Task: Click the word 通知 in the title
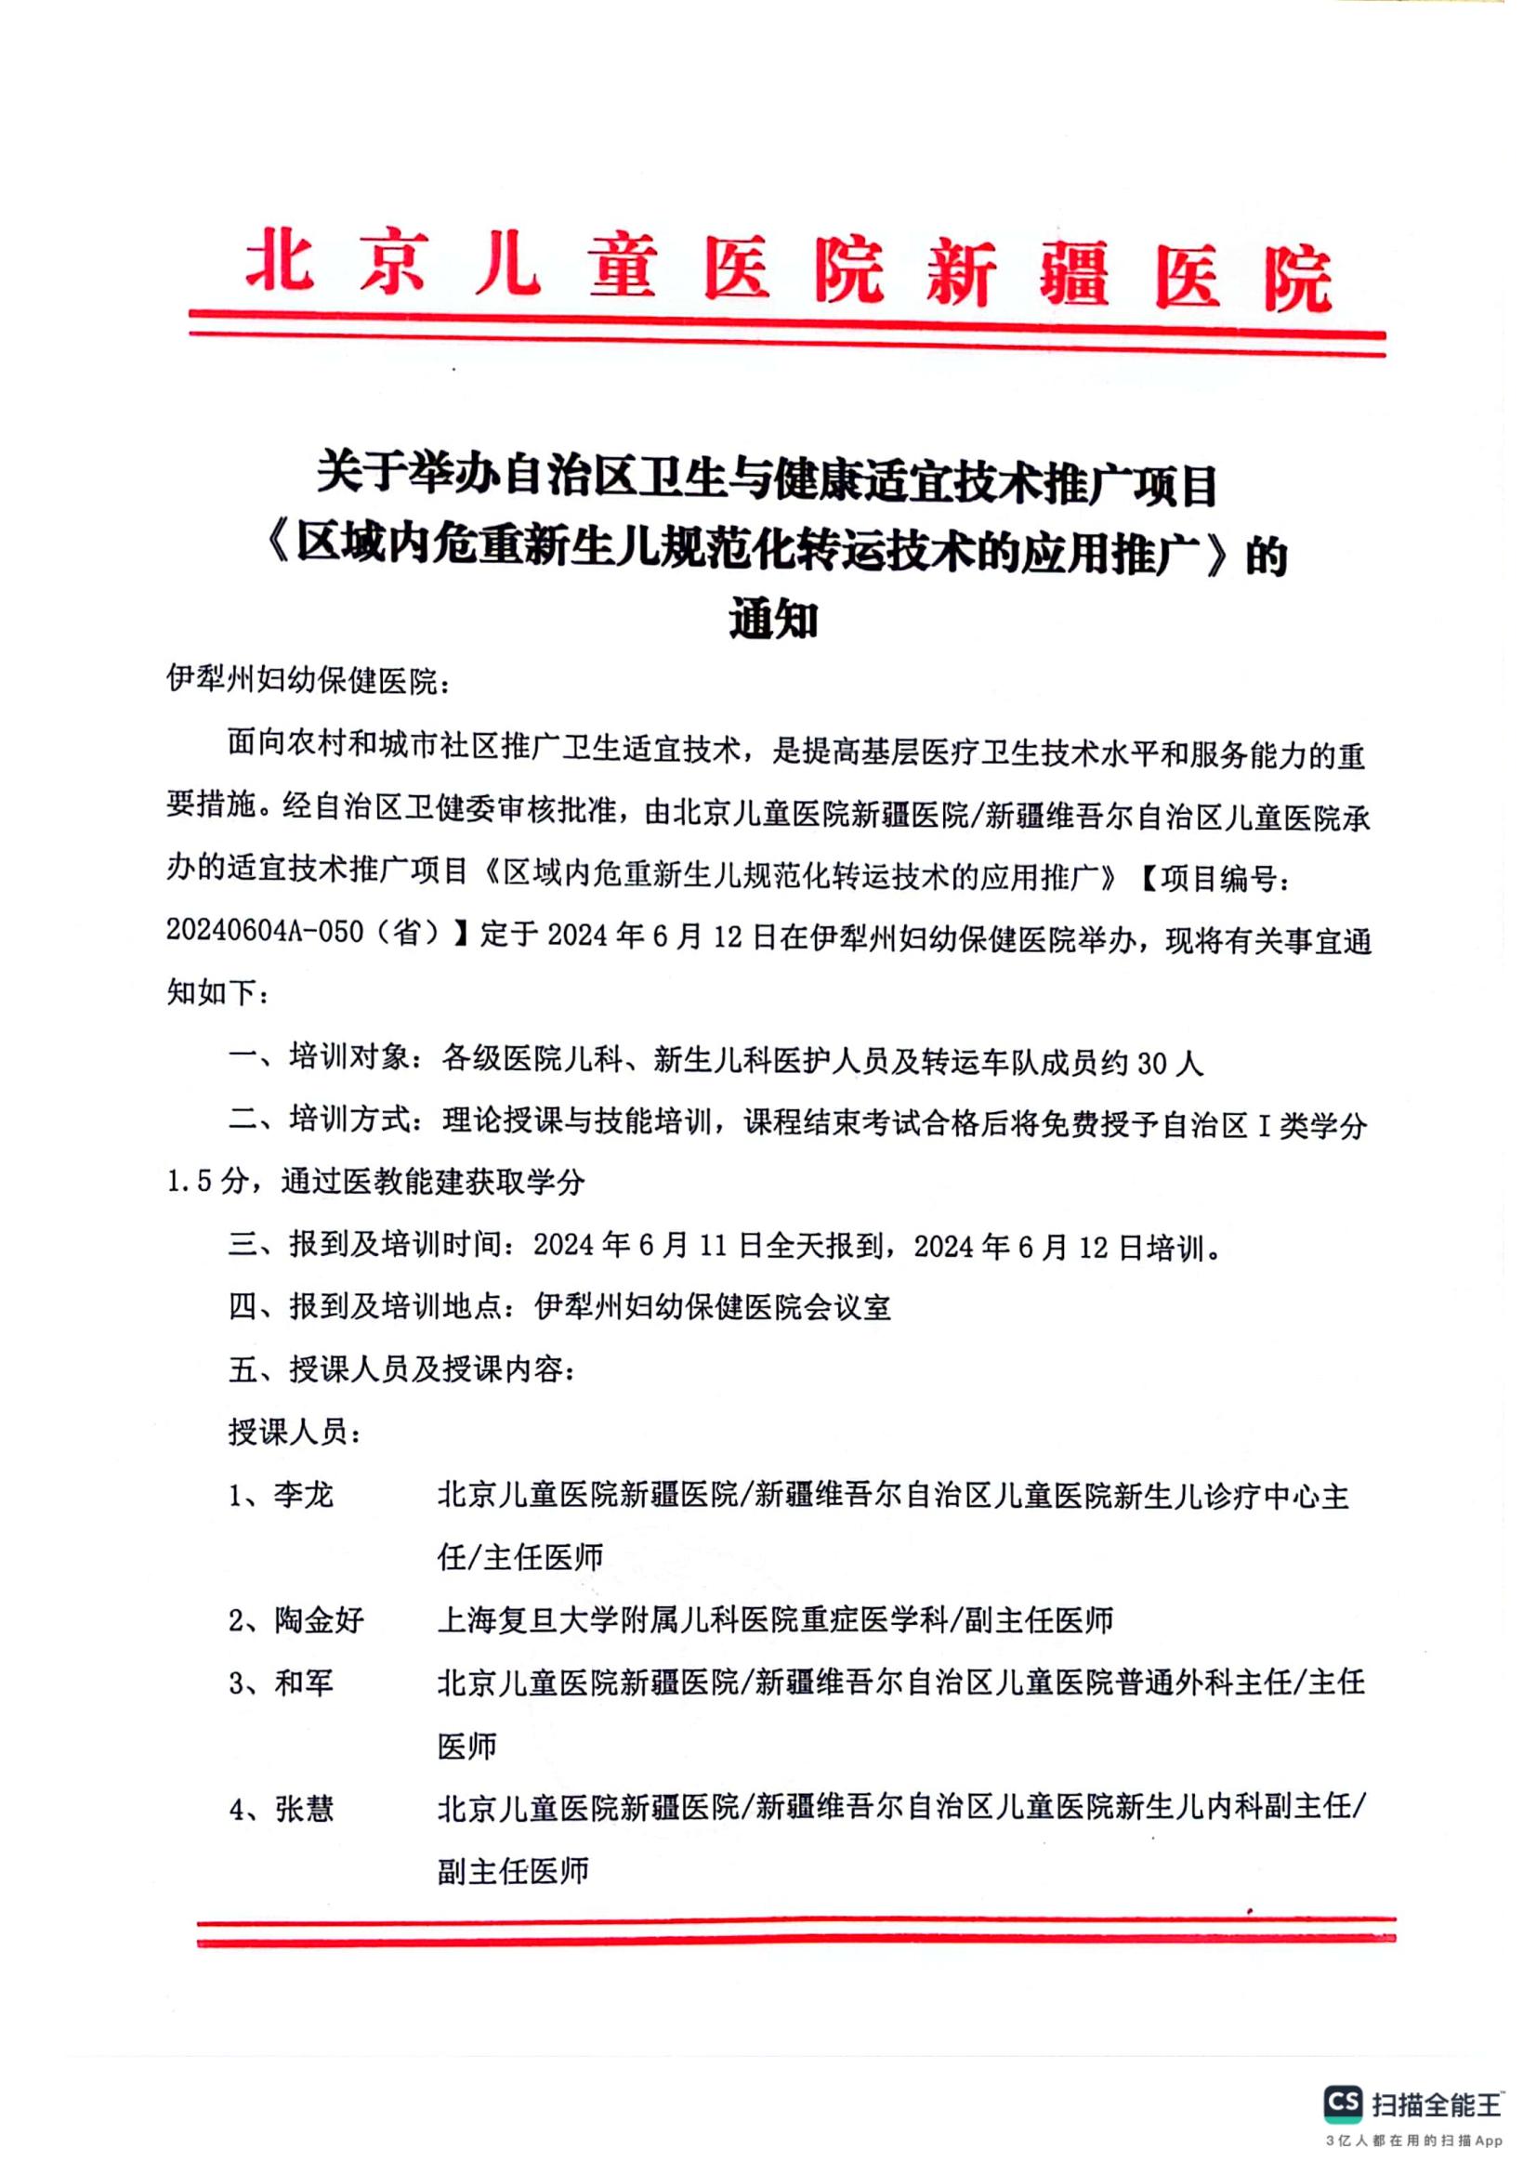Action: click(773, 621)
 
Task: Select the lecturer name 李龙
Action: click(304, 1496)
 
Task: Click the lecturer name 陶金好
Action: click(319, 1620)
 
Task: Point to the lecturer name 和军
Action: click(304, 1682)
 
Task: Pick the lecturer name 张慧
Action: click(304, 1809)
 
